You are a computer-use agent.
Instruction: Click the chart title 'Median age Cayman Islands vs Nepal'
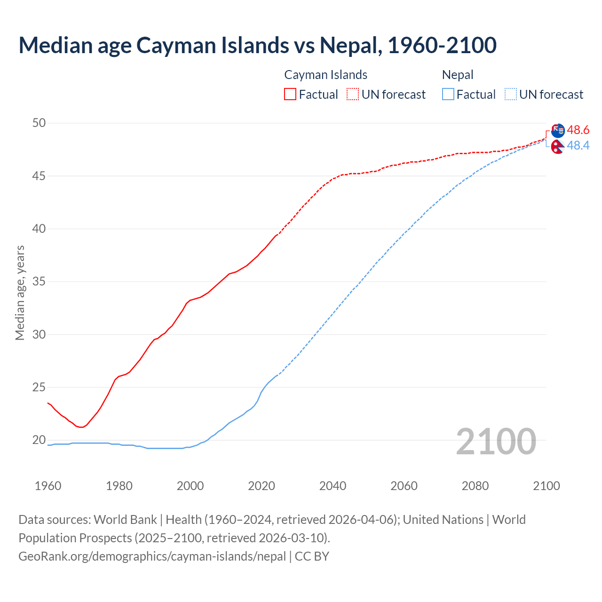coord(257,45)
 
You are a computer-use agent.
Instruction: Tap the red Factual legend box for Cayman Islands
coord(290,94)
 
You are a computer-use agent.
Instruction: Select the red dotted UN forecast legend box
coord(353,94)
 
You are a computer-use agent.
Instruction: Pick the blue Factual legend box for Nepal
coord(448,94)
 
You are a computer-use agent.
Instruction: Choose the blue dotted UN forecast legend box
coord(510,94)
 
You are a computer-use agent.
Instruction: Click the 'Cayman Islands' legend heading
coord(325,75)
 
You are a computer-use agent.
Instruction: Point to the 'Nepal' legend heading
coord(457,75)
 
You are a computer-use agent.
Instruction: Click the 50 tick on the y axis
coord(39,123)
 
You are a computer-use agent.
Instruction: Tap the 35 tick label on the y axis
coord(39,282)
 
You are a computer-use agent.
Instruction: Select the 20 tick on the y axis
coord(39,440)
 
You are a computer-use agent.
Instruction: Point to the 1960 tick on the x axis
coord(48,486)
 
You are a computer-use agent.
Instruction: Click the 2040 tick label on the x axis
coord(333,486)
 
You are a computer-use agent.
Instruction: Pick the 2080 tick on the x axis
coord(475,486)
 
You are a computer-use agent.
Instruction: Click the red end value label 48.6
coord(578,130)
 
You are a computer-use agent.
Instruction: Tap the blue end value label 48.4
coord(578,146)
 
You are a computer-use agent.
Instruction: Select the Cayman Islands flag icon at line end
coord(558,130)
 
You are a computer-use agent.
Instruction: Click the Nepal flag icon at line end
coord(558,147)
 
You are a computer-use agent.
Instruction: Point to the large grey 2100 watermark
coord(496,441)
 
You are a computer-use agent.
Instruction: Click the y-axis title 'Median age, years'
coord(20,293)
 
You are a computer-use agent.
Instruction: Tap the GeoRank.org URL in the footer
coord(152,556)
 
